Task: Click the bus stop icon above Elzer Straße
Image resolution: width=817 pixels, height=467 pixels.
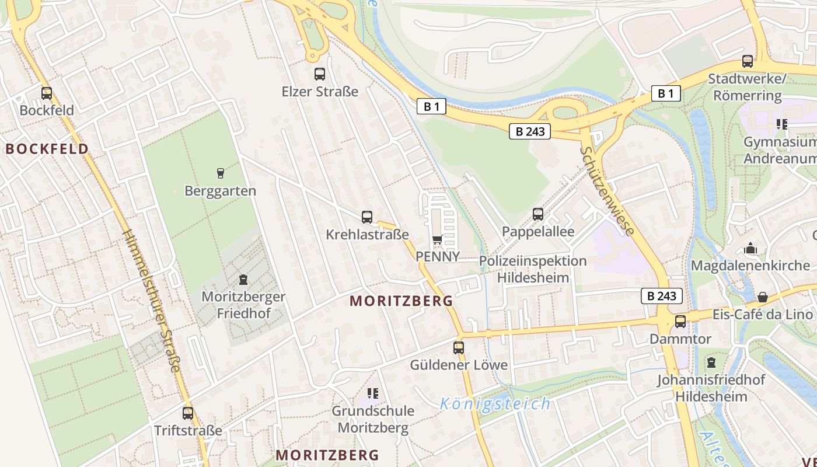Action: tap(320, 74)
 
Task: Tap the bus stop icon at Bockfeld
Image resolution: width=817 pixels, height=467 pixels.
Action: tap(47, 93)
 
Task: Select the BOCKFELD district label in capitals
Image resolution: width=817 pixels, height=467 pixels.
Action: tap(47, 149)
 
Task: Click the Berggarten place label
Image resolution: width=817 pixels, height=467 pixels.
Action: tap(220, 191)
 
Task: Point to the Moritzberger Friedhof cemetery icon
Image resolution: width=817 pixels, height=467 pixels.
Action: tap(243, 280)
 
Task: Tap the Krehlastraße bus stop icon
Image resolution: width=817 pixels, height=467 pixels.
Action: tap(367, 217)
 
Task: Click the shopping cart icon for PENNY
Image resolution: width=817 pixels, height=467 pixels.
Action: tap(438, 239)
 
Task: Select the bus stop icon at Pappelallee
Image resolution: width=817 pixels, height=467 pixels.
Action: tap(538, 214)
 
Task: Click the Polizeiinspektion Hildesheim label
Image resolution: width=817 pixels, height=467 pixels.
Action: tap(533, 269)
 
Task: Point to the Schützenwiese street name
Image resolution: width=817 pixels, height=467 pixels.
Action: tap(607, 191)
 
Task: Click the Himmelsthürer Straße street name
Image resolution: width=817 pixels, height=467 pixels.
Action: tap(152, 300)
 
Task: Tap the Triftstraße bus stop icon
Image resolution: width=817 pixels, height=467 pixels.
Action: tap(188, 413)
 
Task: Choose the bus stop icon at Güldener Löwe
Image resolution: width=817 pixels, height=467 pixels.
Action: tap(459, 348)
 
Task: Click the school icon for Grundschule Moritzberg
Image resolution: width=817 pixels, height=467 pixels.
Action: tap(373, 393)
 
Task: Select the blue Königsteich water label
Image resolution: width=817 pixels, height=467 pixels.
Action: tap(495, 403)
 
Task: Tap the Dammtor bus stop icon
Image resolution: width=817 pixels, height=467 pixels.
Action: tap(680, 322)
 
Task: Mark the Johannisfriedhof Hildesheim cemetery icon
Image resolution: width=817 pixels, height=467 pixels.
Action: tap(711, 363)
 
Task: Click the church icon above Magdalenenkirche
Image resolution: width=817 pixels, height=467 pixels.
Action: tap(750, 249)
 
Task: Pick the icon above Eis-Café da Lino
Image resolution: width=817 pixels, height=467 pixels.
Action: tap(762, 297)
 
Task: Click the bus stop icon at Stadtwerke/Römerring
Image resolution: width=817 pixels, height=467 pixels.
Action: tap(748, 61)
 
